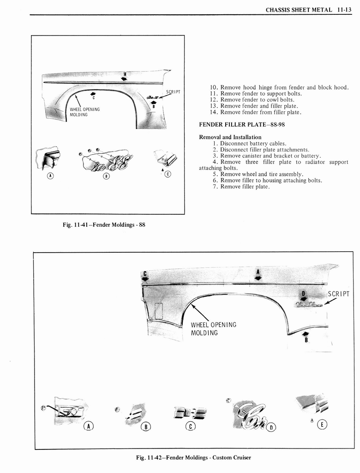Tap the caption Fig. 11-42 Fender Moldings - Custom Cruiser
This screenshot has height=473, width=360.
tap(193, 457)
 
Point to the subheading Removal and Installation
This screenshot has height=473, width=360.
tap(230, 137)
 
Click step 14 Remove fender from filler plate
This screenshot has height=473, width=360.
tap(256, 112)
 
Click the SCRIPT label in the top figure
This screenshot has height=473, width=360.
tap(173, 92)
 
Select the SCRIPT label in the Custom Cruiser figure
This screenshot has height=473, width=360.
tap(338, 294)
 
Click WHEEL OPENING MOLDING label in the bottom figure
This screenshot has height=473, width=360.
tap(213, 328)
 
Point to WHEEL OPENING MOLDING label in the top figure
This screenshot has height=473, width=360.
tap(84, 112)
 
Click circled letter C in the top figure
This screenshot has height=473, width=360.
tap(168, 174)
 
